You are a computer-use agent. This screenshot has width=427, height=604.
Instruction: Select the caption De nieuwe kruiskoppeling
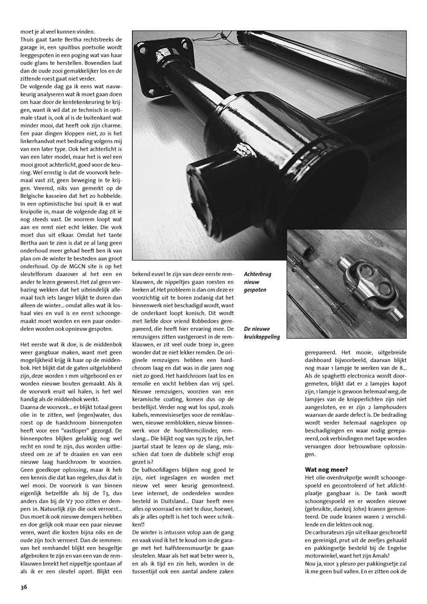point(262,333)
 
